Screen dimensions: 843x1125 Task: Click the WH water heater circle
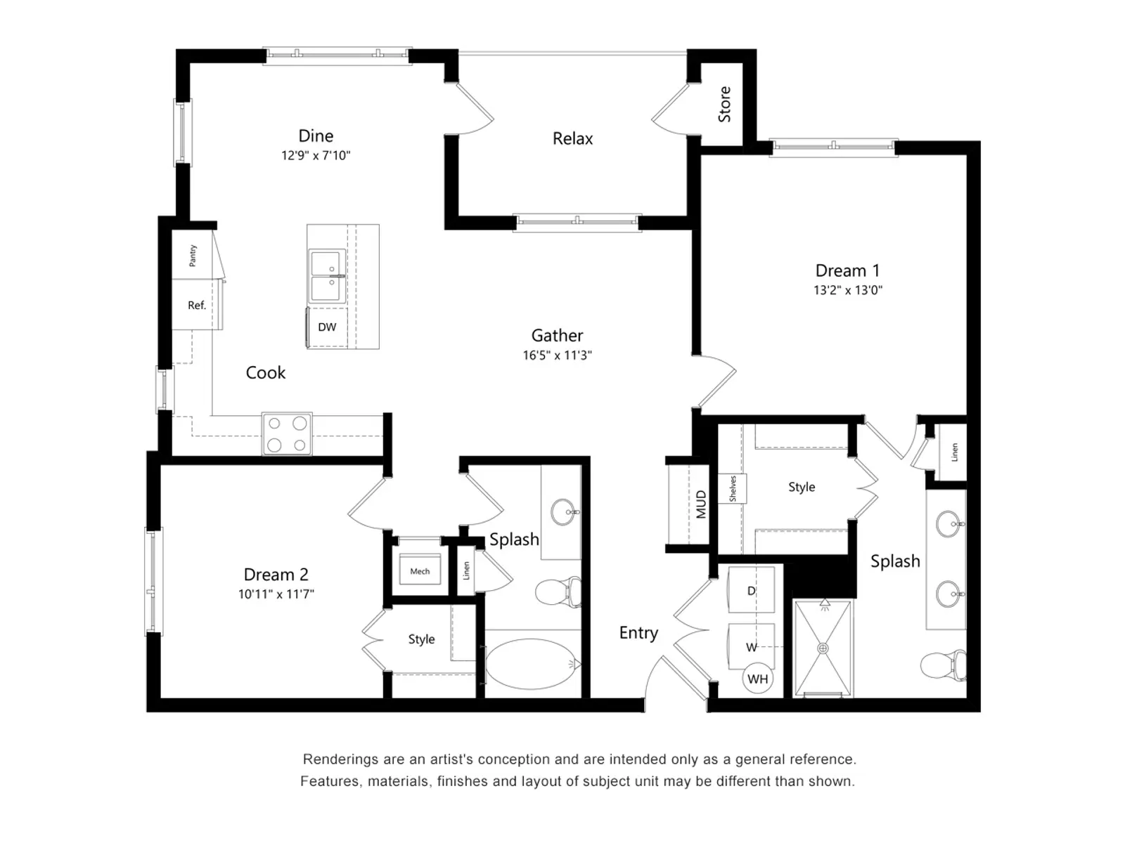(x=757, y=679)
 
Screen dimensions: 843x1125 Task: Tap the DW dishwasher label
(x=327, y=327)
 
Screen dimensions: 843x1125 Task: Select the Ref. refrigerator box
(x=197, y=305)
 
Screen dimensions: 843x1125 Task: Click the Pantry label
(x=193, y=256)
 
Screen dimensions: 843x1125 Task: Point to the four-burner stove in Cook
(x=287, y=433)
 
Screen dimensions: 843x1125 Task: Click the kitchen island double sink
(x=327, y=276)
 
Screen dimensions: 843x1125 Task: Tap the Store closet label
(x=724, y=105)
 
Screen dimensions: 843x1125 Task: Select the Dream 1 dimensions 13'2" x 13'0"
(x=847, y=290)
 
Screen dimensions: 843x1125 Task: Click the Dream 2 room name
(x=276, y=575)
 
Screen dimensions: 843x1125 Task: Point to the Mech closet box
(x=420, y=570)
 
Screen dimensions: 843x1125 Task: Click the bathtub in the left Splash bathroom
(x=531, y=663)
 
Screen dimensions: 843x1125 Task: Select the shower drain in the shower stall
(x=823, y=648)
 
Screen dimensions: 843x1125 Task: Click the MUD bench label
(x=701, y=504)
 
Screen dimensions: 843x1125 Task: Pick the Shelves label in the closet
(x=733, y=488)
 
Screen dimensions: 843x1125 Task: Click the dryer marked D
(x=751, y=591)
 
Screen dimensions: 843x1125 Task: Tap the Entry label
(x=638, y=633)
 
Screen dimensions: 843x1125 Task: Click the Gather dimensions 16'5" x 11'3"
(x=557, y=355)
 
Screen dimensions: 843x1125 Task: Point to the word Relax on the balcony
(x=572, y=139)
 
